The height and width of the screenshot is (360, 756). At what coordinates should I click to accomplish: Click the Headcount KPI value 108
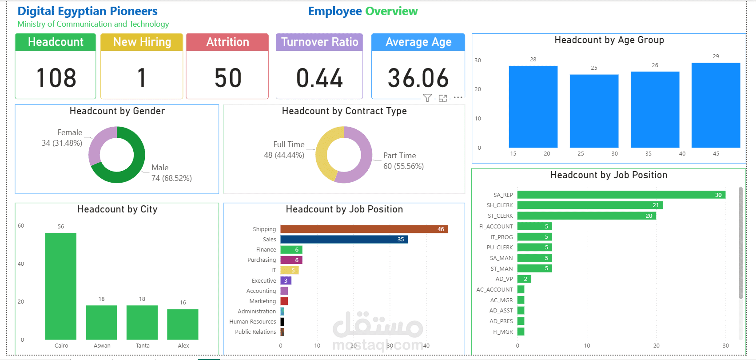tap(56, 78)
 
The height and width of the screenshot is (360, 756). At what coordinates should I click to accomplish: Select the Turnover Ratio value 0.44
tap(319, 78)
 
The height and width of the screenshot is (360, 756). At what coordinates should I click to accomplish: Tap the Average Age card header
tap(418, 42)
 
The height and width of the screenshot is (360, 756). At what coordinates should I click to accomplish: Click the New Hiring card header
tap(142, 42)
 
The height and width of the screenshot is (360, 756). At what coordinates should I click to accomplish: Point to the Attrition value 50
tap(227, 78)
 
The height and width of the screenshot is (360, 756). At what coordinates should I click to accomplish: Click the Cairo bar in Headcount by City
tap(61, 286)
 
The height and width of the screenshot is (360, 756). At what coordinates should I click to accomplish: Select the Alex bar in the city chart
tap(183, 324)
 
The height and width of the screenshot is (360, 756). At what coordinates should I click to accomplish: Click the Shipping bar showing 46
tap(364, 229)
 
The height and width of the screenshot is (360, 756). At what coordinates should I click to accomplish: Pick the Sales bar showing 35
tap(344, 239)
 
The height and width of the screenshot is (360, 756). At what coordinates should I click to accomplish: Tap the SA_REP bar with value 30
tap(621, 195)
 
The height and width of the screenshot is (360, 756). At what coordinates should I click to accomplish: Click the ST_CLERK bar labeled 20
tap(586, 216)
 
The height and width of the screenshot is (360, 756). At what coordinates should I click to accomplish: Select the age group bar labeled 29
tap(716, 105)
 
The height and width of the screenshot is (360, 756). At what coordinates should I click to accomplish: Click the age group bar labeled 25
tap(594, 111)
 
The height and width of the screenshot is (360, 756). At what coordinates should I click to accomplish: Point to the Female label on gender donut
tap(70, 132)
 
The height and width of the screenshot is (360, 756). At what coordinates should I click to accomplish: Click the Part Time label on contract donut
tap(400, 156)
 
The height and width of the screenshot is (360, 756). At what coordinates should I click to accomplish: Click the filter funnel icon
tap(427, 98)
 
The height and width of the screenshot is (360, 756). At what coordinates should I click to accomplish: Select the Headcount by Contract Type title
tap(344, 111)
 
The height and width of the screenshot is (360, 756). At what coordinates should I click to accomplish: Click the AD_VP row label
tap(504, 279)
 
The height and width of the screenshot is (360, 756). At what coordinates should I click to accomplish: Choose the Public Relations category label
tap(255, 332)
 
